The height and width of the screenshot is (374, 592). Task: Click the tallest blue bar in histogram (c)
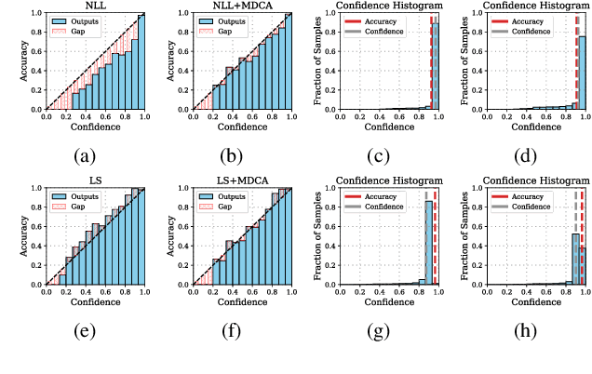(435, 65)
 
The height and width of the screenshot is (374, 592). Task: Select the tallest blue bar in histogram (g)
(429, 242)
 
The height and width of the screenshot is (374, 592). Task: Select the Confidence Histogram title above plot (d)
(533, 7)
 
